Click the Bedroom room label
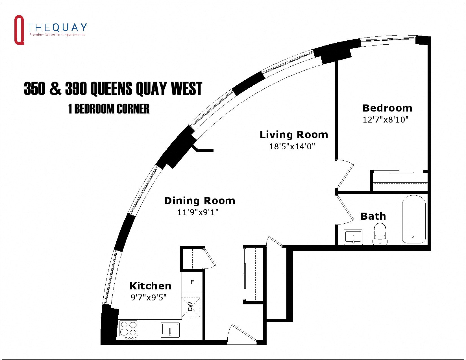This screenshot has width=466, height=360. point(387,108)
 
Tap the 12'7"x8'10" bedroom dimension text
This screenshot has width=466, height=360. point(386,120)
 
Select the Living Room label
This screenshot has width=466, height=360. point(294,135)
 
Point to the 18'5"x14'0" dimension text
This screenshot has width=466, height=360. point(292,147)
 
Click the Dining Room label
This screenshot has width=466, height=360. point(199,201)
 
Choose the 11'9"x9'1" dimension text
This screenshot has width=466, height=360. point(198,212)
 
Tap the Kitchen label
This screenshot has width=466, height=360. point(150,286)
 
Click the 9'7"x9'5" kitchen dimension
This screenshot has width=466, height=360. point(148,298)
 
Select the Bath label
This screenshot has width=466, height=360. point(373,216)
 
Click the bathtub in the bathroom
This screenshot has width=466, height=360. point(413,219)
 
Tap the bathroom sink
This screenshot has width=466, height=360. point(353,237)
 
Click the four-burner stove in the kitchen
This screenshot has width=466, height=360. point(129,330)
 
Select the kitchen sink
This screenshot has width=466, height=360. point(170,330)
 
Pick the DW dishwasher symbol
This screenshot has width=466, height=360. point(191,307)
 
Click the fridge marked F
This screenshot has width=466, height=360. point(192,282)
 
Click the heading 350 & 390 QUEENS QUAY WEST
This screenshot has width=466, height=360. point(113,89)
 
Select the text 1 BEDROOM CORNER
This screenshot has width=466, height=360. point(109,109)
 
